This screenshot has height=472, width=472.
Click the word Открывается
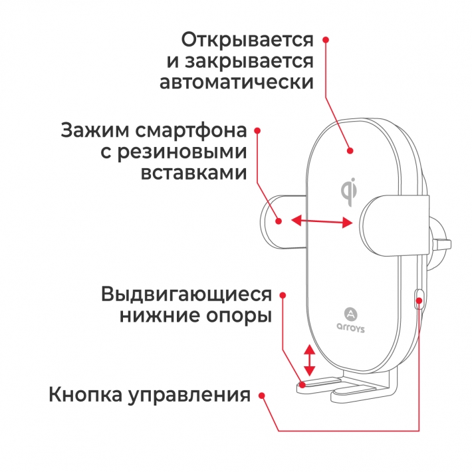click(247, 39)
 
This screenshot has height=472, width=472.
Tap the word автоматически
click(236, 83)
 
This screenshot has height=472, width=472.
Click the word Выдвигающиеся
click(187, 294)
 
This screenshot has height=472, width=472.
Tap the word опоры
click(239, 316)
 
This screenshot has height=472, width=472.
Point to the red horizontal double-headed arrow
click(321, 221)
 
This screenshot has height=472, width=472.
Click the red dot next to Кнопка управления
click(262, 396)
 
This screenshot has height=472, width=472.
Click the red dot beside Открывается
click(326, 40)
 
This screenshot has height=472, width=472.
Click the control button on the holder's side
click(419, 300)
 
